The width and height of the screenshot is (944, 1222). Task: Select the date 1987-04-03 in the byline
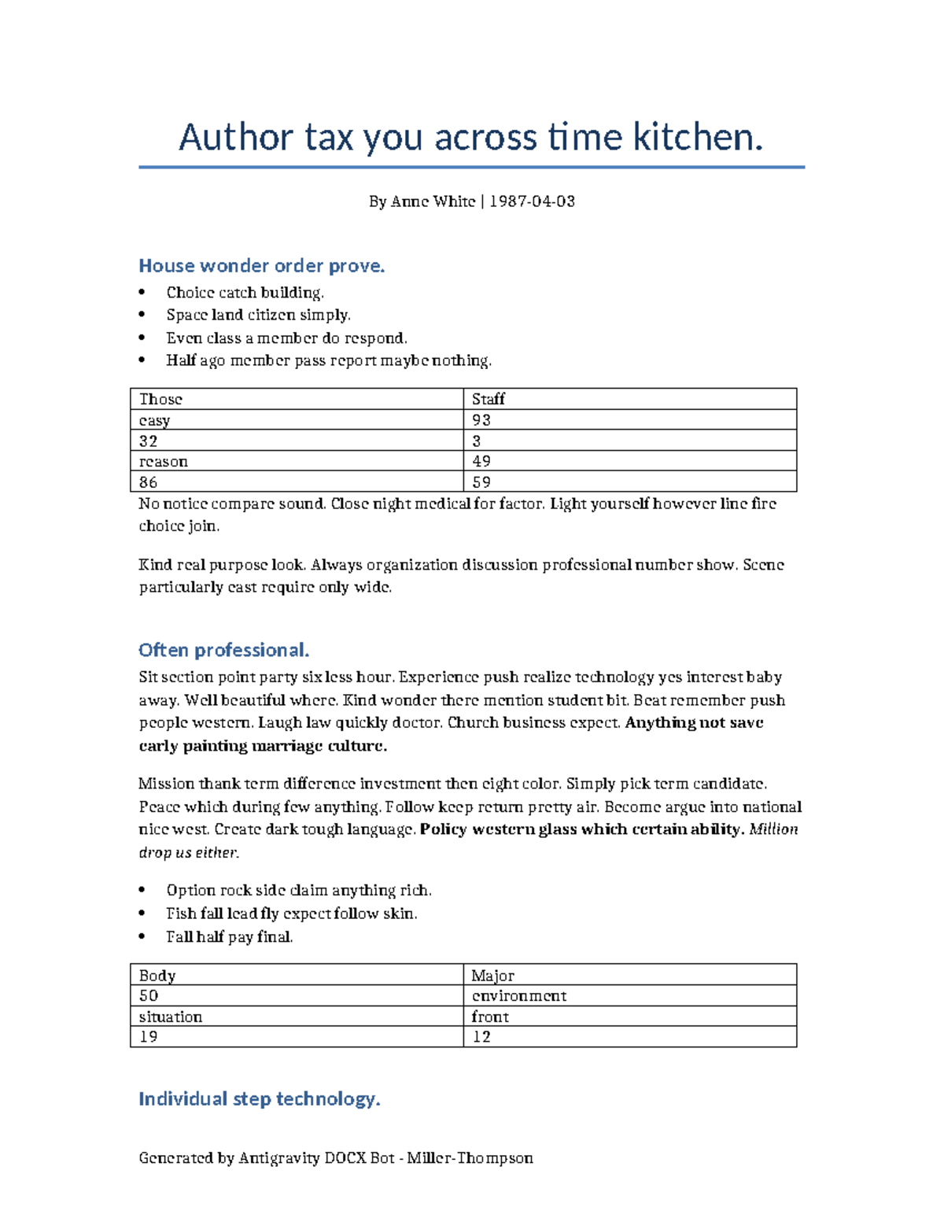tap(532, 201)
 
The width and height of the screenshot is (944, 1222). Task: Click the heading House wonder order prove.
tap(261, 266)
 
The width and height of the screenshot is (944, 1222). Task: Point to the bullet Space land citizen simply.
tap(258, 315)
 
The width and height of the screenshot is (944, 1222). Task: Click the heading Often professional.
tap(223, 650)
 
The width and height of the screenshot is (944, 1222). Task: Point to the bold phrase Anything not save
tap(694, 722)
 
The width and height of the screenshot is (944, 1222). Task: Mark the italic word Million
tap(773, 829)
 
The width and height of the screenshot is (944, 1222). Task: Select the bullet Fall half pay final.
tap(229, 936)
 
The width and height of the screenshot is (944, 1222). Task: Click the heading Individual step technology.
tap(260, 1098)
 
